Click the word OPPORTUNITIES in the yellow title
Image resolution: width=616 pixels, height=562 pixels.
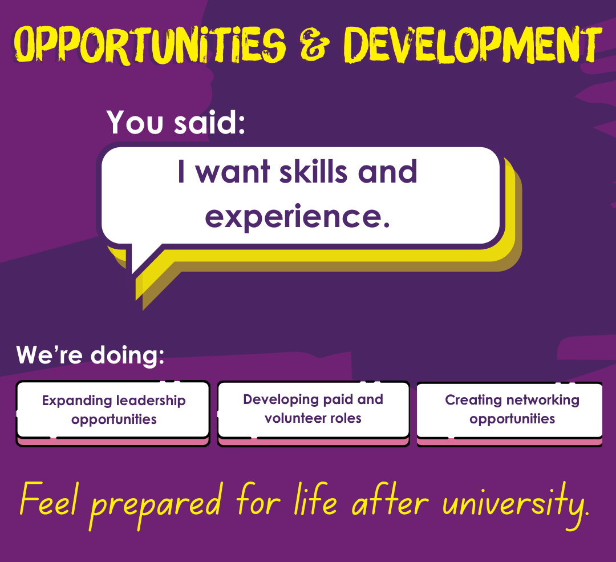tap(150, 45)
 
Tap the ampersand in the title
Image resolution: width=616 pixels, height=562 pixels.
tap(314, 45)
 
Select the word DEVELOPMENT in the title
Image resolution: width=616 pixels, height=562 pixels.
tap(473, 45)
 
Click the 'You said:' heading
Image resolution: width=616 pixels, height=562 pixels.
tap(176, 122)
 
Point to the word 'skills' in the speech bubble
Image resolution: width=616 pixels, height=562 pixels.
tap(313, 172)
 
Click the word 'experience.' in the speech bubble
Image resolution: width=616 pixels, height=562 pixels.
tap(297, 217)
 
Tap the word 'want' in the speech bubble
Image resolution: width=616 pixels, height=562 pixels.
tap(233, 172)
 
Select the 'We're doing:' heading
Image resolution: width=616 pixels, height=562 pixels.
tap(90, 355)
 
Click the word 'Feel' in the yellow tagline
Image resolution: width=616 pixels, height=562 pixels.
tap(48, 499)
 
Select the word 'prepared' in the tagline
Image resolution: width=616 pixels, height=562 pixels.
tap(156, 505)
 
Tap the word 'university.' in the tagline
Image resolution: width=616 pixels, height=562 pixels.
tap(516, 505)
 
